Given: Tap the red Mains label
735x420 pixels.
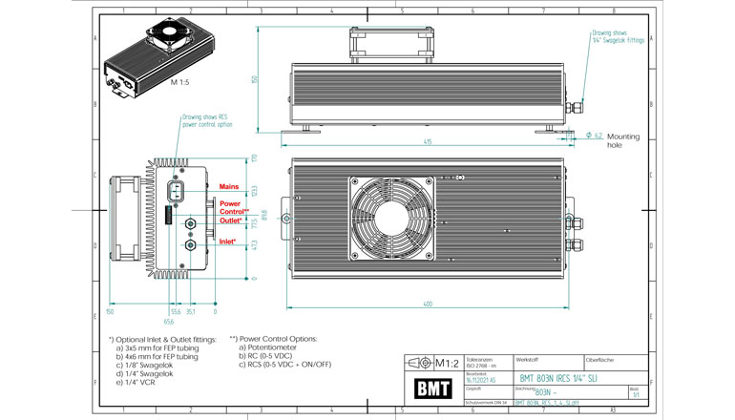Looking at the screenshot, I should click(229, 185).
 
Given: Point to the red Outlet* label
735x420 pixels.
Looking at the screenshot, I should click(231, 220).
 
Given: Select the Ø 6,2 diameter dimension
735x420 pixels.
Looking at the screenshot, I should click(593, 136).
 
